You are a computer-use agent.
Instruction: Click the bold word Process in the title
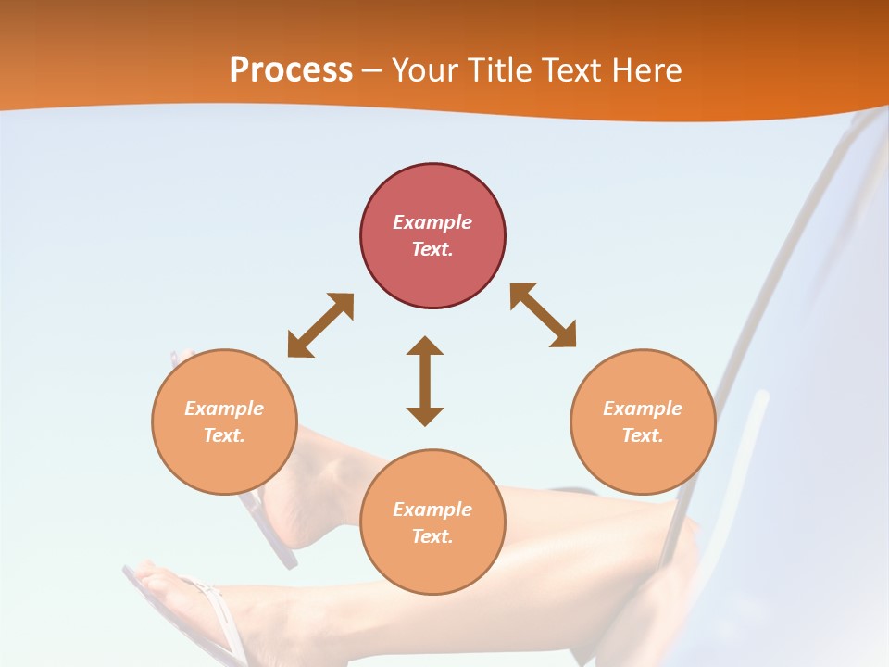pyautogui.click(x=291, y=70)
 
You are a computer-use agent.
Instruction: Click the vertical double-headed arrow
pyautogui.click(x=425, y=381)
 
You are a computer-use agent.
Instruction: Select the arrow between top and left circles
pyautogui.click(x=320, y=325)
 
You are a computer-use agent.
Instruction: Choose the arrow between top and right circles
pyautogui.click(x=544, y=316)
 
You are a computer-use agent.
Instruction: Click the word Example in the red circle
pyautogui.click(x=432, y=222)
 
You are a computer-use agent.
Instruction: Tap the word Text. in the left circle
pyautogui.click(x=224, y=435)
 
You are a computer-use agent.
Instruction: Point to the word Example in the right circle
pyautogui.click(x=643, y=409)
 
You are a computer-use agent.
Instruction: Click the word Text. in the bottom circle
pyautogui.click(x=432, y=536)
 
